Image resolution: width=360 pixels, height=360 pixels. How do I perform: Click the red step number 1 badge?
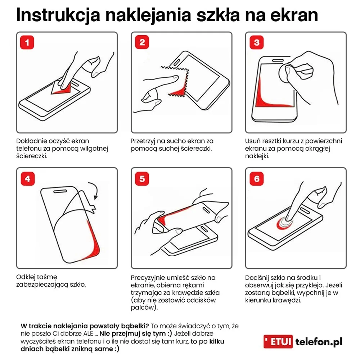[27, 42]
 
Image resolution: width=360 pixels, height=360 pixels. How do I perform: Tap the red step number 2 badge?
[142, 42]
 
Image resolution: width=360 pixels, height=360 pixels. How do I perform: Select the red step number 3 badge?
[257, 42]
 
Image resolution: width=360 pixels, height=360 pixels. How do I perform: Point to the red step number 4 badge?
[28, 179]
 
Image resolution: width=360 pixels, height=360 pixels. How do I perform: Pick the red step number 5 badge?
[142, 179]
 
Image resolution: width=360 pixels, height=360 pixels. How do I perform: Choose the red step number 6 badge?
[257, 179]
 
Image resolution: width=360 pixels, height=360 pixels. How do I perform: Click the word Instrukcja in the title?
[58, 15]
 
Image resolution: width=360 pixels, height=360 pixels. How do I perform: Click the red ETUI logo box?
[278, 341]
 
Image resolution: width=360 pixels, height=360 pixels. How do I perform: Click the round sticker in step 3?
[287, 74]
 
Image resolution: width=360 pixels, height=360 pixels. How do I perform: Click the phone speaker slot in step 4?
[60, 191]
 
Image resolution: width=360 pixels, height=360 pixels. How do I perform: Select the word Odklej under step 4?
[25, 277]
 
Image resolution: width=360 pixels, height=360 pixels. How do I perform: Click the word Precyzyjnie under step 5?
[148, 278]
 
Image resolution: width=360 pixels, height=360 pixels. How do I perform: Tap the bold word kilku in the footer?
[217, 341]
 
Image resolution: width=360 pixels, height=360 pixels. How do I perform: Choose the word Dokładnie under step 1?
[32, 141]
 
